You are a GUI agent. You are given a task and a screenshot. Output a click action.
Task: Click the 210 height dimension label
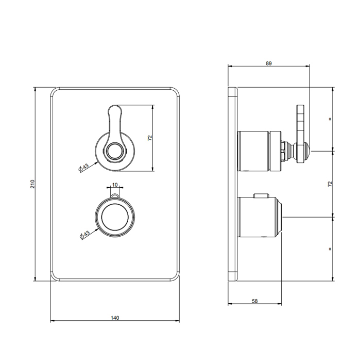click(32, 184)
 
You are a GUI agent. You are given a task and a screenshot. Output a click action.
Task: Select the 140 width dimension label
click(115, 318)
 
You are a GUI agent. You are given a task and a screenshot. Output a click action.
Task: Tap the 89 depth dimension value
click(269, 63)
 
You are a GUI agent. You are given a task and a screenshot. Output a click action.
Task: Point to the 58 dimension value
click(255, 301)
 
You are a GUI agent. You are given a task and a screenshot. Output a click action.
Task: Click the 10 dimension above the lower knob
click(115, 185)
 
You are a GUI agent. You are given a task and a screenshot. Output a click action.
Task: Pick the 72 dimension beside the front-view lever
click(150, 138)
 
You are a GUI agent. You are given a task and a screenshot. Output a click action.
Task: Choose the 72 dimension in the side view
click(330, 184)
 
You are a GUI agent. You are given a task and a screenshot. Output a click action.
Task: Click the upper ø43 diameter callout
click(83, 168)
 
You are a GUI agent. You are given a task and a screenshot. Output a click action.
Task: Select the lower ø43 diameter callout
click(84, 235)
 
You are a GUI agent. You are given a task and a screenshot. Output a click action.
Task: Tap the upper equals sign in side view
click(330, 119)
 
